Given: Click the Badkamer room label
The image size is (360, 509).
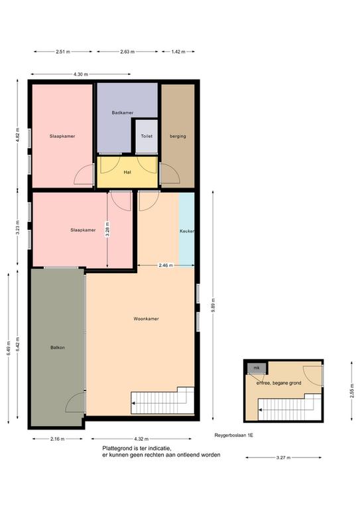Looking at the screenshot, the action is [123, 113].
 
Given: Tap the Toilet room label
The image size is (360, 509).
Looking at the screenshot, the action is [147, 137].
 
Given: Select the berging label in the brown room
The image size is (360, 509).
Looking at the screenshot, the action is [178, 137].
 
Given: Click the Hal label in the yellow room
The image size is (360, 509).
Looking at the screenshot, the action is [127, 172].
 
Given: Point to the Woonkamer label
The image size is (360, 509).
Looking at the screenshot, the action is [146, 319].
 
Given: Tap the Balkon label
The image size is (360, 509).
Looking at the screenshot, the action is [58, 347].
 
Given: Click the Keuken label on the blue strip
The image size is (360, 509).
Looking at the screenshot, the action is [187, 231].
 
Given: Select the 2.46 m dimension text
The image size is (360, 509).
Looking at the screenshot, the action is [166, 265].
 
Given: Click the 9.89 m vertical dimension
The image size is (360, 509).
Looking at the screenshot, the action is [213, 305].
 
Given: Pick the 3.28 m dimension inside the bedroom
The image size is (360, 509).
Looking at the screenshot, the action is [107, 229].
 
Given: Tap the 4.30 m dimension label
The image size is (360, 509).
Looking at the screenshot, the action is [80, 74].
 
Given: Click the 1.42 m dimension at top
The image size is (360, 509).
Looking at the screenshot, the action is [178, 52].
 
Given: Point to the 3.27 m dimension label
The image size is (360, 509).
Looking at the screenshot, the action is [283, 458].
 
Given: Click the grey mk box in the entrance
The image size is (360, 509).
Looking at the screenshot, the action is [257, 368].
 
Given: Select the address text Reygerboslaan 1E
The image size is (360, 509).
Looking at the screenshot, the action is [234, 435].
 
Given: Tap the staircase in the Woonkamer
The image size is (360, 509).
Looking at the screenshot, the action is [162, 400].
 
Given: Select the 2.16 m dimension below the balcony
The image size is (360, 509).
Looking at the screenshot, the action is [58, 439].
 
